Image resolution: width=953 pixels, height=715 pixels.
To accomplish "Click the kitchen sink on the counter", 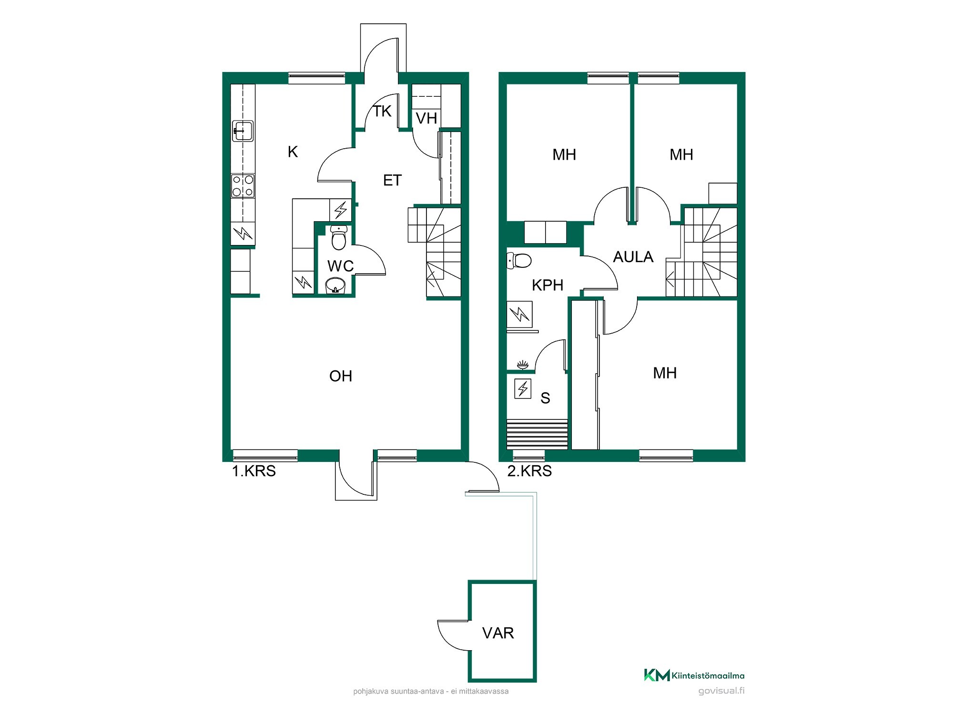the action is [x=243, y=131].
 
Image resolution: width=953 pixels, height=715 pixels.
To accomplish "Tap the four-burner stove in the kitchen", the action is [x=243, y=186].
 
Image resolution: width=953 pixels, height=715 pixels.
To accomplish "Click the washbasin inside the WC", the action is [x=335, y=286].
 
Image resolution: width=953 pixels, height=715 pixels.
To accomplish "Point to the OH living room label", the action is [x=341, y=376].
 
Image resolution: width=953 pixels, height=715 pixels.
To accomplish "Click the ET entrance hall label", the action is [x=392, y=180].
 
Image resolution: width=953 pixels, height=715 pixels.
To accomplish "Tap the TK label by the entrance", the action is [x=382, y=111].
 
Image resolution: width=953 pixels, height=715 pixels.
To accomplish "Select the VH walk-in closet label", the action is [x=426, y=118].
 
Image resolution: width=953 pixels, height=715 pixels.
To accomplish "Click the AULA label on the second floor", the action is [x=633, y=257].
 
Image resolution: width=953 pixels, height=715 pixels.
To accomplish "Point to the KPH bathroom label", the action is [x=547, y=285].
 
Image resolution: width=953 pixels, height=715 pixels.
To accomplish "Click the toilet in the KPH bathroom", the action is [x=519, y=261].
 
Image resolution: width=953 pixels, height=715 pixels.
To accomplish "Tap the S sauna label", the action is [x=545, y=398].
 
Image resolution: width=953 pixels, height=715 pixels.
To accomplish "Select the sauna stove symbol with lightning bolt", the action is [x=523, y=389].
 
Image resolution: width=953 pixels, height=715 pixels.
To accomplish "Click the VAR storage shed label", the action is [x=498, y=633].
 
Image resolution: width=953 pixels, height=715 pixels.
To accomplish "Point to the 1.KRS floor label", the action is [x=253, y=471].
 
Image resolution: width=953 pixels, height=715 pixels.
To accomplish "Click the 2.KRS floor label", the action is [x=529, y=471].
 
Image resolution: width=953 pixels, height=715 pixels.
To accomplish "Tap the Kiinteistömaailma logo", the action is [x=694, y=675].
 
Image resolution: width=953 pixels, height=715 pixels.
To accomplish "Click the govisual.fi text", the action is [x=721, y=691].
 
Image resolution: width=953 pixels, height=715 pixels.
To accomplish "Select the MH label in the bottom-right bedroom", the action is [x=665, y=373].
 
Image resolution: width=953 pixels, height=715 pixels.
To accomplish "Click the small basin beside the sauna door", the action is [x=523, y=365].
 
